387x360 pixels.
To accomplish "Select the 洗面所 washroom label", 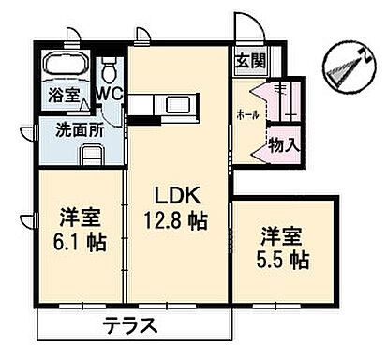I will [x=78, y=129].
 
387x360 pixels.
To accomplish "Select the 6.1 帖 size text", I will [x=75, y=241].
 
